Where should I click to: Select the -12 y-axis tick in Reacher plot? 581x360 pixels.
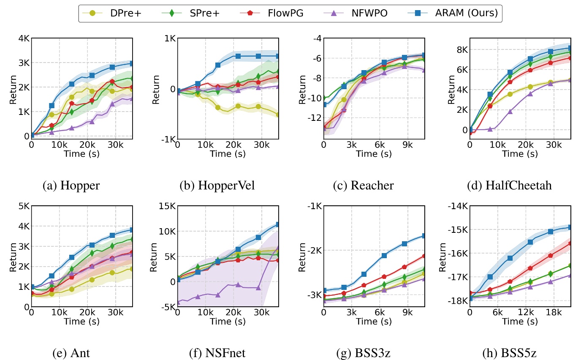click(313, 118)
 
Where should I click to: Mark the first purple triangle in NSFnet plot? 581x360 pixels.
click(177, 302)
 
